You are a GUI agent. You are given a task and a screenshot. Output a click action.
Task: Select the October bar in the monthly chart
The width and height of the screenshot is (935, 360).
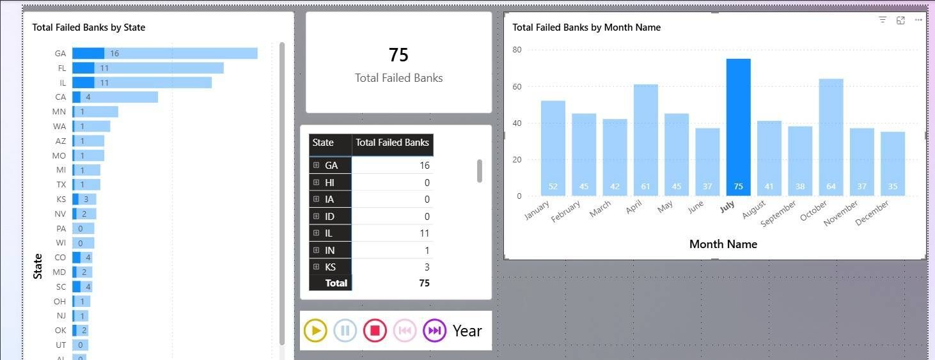(831, 137)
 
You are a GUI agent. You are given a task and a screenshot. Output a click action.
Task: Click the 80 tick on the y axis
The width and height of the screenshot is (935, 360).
(517, 50)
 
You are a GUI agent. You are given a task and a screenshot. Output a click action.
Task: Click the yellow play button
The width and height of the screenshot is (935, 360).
(315, 331)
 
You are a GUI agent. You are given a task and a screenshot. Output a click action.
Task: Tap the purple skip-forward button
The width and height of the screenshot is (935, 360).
(434, 331)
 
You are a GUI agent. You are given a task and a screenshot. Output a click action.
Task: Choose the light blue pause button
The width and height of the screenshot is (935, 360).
(345, 331)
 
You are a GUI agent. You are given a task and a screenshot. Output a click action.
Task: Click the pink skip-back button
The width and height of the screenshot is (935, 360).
(405, 331)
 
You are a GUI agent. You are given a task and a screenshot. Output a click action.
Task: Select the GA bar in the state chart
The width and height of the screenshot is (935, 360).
(164, 54)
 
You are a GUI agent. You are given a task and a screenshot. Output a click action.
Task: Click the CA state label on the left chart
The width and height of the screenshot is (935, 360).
(61, 97)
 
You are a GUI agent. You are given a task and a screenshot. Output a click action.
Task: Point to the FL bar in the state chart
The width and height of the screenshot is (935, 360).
(148, 68)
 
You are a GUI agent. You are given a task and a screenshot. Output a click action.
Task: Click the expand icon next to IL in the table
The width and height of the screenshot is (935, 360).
(316, 233)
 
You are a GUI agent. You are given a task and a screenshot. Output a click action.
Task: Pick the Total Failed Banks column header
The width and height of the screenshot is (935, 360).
(392, 143)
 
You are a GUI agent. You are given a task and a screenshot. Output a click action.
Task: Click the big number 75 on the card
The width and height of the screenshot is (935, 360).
(398, 55)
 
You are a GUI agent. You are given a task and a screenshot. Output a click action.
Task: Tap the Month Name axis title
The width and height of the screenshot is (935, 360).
(723, 244)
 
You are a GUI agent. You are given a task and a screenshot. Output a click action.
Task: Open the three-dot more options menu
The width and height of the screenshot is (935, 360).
(918, 20)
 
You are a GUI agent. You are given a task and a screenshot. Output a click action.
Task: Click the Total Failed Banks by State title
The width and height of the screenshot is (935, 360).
(89, 27)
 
